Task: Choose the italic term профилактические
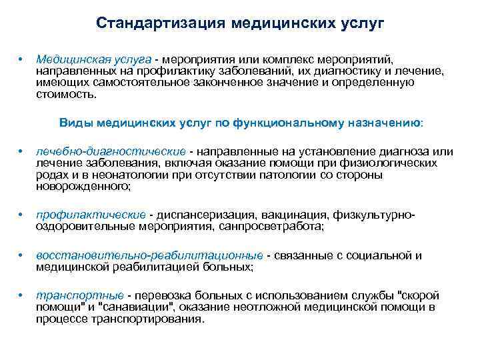pyautogui.click(x=91, y=215)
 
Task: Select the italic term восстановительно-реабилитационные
pyautogui.click(x=149, y=255)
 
